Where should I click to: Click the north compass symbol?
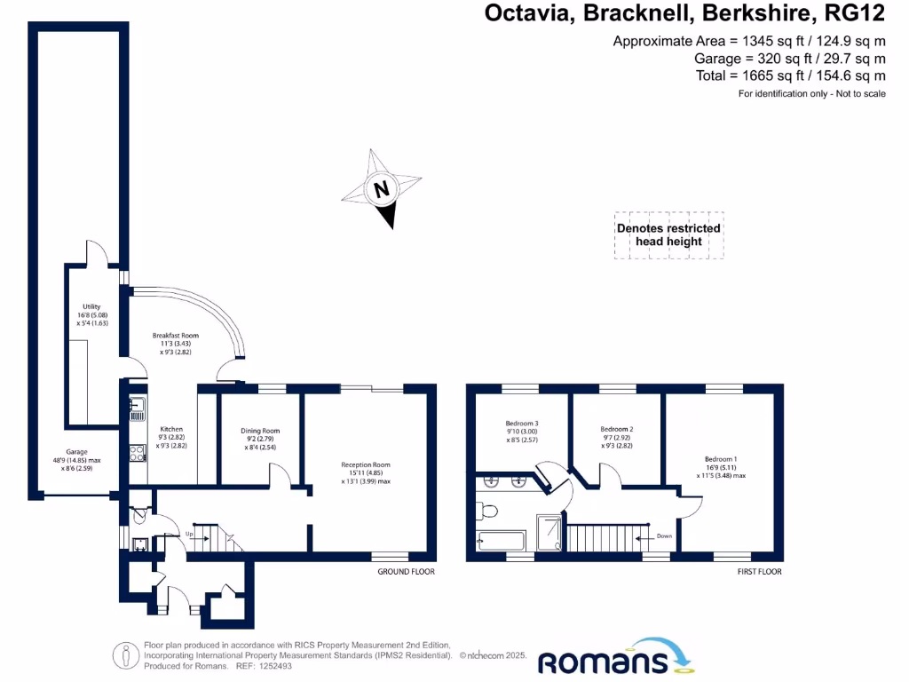pos(383,189)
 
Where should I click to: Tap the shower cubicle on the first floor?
pos(549,532)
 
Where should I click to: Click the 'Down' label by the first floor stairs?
pos(664,536)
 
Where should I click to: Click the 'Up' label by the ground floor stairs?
pos(189,534)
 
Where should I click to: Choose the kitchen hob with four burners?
pos(138,453)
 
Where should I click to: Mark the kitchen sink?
pos(138,409)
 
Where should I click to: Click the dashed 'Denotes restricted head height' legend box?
pos(669,235)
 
